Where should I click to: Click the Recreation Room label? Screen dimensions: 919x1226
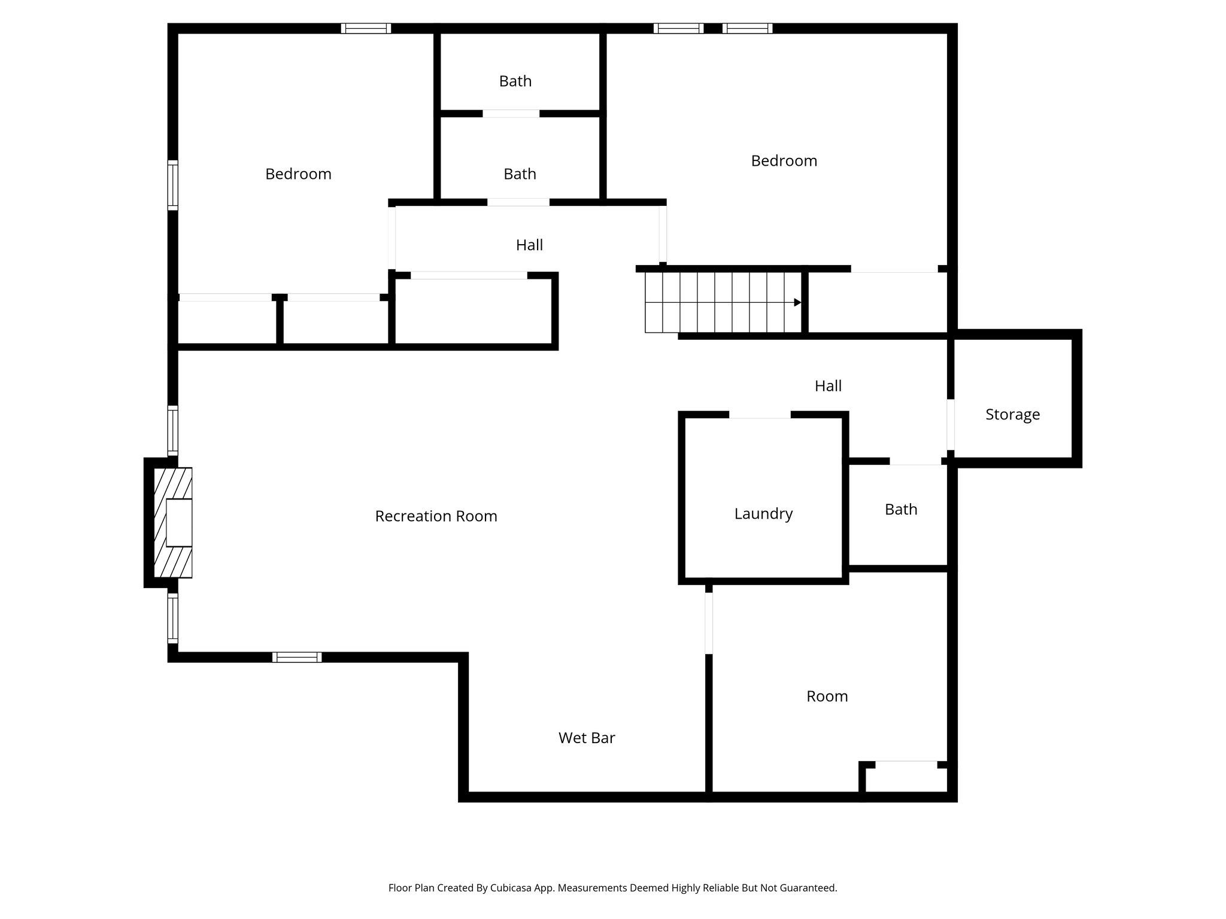point(436,516)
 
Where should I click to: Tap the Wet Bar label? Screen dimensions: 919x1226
point(587,738)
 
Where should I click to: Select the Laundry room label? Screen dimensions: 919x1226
point(763,513)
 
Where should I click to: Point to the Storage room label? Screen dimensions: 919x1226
point(1012,414)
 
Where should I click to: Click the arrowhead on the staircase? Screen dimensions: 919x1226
point(797,303)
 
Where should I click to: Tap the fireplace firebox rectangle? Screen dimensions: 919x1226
point(179,522)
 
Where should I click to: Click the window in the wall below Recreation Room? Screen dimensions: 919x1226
point(297,657)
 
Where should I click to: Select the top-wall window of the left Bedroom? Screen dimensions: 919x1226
point(366,28)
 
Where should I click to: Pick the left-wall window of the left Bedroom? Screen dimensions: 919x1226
point(172,185)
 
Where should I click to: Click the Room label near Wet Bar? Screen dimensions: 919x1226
point(827,696)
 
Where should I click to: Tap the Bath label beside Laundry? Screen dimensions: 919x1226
point(901,509)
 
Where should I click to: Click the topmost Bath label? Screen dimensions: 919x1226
point(515,81)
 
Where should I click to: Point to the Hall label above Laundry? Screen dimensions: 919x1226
point(828,386)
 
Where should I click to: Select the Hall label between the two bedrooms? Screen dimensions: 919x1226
point(529,245)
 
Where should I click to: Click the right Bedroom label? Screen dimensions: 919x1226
point(784,160)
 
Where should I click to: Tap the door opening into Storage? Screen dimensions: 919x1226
point(950,424)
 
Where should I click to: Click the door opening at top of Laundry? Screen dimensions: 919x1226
point(760,415)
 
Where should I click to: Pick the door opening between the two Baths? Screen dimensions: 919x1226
point(511,114)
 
